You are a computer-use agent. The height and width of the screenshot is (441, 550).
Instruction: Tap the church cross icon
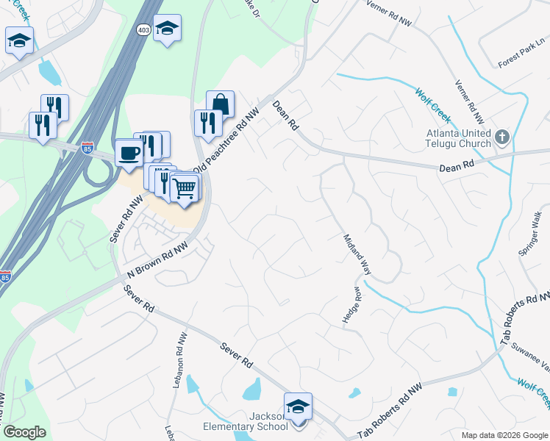(501, 136)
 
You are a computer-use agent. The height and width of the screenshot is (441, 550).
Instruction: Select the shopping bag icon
(220, 105)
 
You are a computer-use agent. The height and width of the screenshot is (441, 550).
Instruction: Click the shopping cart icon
(185, 188)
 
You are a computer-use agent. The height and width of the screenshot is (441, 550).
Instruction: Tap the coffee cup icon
(129, 153)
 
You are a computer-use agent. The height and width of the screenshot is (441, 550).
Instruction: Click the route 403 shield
(144, 28)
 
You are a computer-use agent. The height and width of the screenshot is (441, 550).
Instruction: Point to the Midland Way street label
(357, 254)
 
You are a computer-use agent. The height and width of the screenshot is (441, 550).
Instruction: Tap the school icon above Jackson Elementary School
(298, 406)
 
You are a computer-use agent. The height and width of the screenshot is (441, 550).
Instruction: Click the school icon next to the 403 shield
(168, 29)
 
